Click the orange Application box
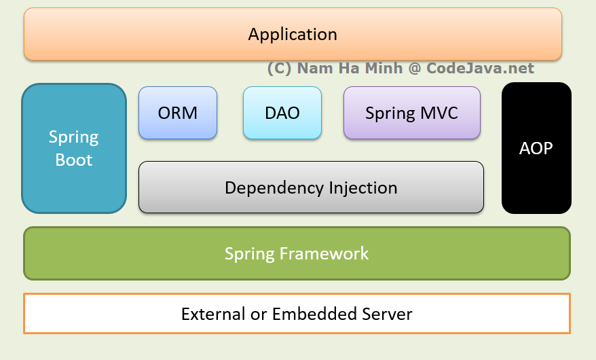(x=293, y=34)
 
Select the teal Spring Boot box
(x=74, y=148)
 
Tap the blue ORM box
(x=178, y=113)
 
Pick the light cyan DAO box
(x=282, y=113)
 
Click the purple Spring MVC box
(x=411, y=113)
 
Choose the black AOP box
(x=536, y=148)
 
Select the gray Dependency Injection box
(x=311, y=187)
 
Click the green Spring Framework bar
(x=297, y=253)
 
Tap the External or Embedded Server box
(x=297, y=314)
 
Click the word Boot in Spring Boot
(x=74, y=160)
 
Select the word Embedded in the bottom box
(x=305, y=314)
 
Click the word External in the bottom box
(x=211, y=314)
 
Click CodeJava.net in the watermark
(x=480, y=69)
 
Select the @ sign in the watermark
(x=415, y=69)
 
